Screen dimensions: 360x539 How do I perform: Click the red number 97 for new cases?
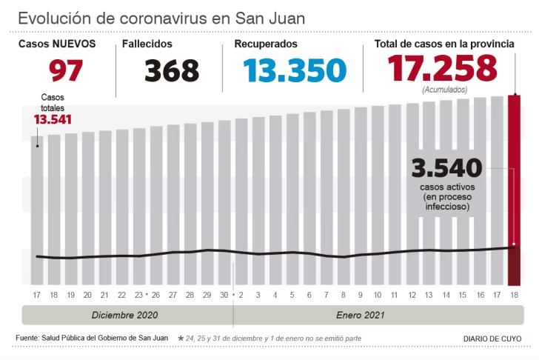[66, 70]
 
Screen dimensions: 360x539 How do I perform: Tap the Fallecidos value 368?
[171, 71]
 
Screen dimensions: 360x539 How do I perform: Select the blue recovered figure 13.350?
[295, 70]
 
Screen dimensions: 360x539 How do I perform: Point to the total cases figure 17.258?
[443, 69]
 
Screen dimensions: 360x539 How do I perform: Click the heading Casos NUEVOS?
[57, 44]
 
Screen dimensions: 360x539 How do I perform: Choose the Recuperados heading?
[266, 44]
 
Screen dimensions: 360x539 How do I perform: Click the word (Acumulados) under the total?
[444, 90]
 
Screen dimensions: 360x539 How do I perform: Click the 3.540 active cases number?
[446, 168]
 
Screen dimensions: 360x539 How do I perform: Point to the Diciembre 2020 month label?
[125, 315]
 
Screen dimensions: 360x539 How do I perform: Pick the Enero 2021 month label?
[361, 315]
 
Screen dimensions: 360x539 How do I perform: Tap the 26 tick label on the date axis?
[155, 295]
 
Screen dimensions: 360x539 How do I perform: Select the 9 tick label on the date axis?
[360, 295]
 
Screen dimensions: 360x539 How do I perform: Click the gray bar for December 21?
[104, 207]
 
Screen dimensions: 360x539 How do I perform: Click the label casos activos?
[446, 187]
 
